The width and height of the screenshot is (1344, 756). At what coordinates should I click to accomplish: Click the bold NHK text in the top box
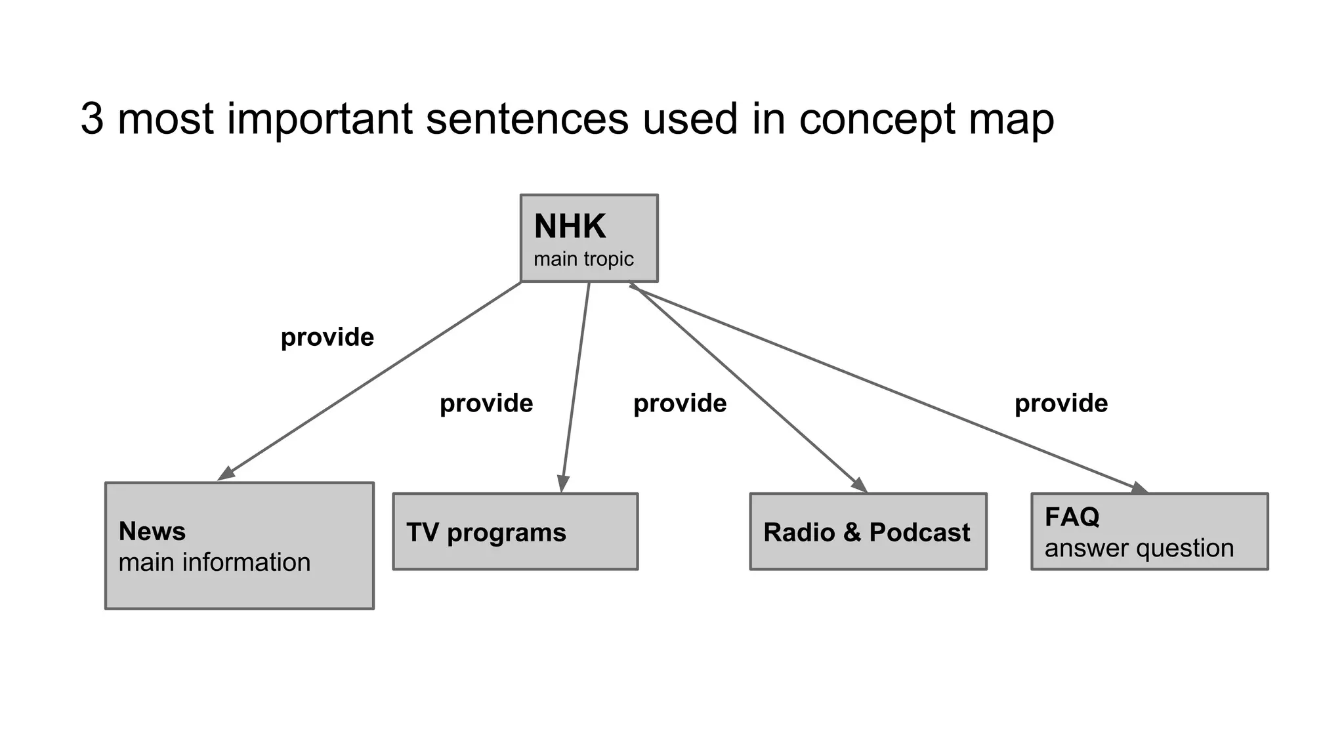(570, 226)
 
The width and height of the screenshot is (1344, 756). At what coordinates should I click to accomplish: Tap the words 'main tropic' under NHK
(583, 259)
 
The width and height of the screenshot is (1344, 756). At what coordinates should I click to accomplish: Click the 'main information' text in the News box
(214, 562)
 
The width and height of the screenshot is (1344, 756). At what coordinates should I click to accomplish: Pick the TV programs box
(515, 532)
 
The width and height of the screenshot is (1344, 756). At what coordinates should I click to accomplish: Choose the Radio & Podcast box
(868, 532)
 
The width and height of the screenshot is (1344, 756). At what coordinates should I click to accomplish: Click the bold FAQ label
(1072, 517)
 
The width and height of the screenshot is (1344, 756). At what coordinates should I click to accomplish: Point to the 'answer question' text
(1139, 548)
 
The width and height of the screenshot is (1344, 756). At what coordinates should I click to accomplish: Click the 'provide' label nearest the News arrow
(327, 337)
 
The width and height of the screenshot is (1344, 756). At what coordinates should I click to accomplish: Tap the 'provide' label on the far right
(1060, 403)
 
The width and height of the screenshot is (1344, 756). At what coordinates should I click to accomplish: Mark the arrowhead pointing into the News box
(225, 474)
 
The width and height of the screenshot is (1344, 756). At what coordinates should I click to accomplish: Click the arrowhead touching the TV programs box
(563, 484)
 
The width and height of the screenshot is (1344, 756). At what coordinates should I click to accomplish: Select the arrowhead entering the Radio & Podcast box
(860, 486)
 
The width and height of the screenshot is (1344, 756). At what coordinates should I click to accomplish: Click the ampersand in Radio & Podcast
(852, 532)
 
